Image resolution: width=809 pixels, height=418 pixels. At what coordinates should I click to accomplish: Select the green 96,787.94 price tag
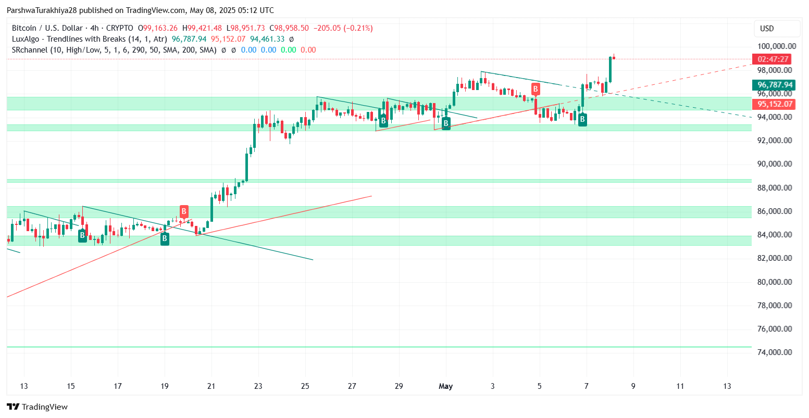775,85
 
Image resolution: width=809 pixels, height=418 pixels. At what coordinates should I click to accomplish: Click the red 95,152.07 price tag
775,104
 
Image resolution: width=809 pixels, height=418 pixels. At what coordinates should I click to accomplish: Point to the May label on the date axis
445,386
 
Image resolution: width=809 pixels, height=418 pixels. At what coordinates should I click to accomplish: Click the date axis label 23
258,386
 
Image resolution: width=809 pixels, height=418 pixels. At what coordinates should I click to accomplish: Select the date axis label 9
633,386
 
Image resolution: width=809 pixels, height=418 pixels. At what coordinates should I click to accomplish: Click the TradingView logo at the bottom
37,407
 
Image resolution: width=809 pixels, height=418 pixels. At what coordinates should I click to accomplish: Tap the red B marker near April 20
184,211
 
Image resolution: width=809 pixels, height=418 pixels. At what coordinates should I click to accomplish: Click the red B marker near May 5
535,89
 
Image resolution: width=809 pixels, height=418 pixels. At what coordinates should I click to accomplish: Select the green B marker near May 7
582,120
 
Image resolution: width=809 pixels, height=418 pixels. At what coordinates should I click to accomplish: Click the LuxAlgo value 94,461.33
267,39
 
